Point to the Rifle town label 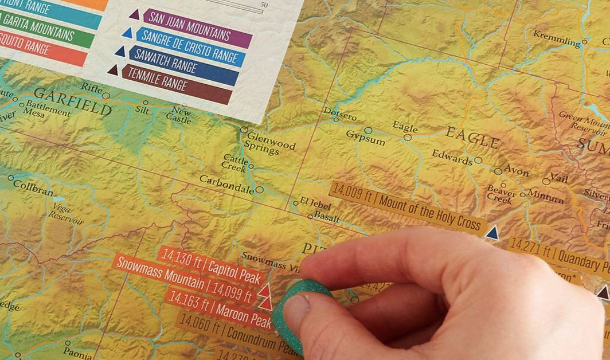91,87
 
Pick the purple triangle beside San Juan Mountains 134,14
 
